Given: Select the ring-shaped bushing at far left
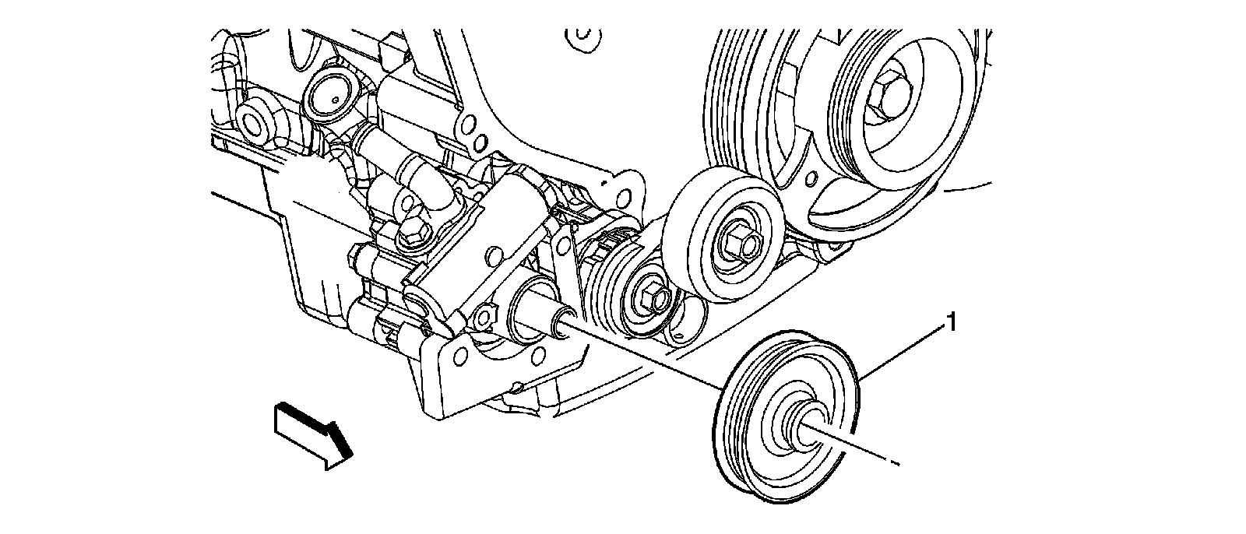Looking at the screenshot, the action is pos(255,123).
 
